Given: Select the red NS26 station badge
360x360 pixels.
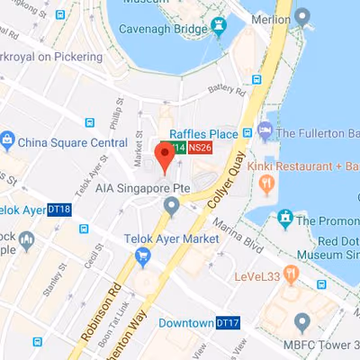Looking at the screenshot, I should pos(199,148).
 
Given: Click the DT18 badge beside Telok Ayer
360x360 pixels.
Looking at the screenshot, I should pos(60,208).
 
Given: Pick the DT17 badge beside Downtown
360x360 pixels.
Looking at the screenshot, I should pos(227,322).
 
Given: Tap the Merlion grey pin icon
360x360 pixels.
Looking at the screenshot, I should pos(301,15).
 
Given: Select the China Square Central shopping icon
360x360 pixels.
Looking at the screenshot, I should pos(7,140).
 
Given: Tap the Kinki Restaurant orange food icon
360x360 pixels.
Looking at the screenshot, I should pos(265,184).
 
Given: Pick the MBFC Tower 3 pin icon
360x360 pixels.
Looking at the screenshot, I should pos(301,322).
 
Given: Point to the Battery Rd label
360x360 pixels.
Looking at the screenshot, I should pos(225,90).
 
